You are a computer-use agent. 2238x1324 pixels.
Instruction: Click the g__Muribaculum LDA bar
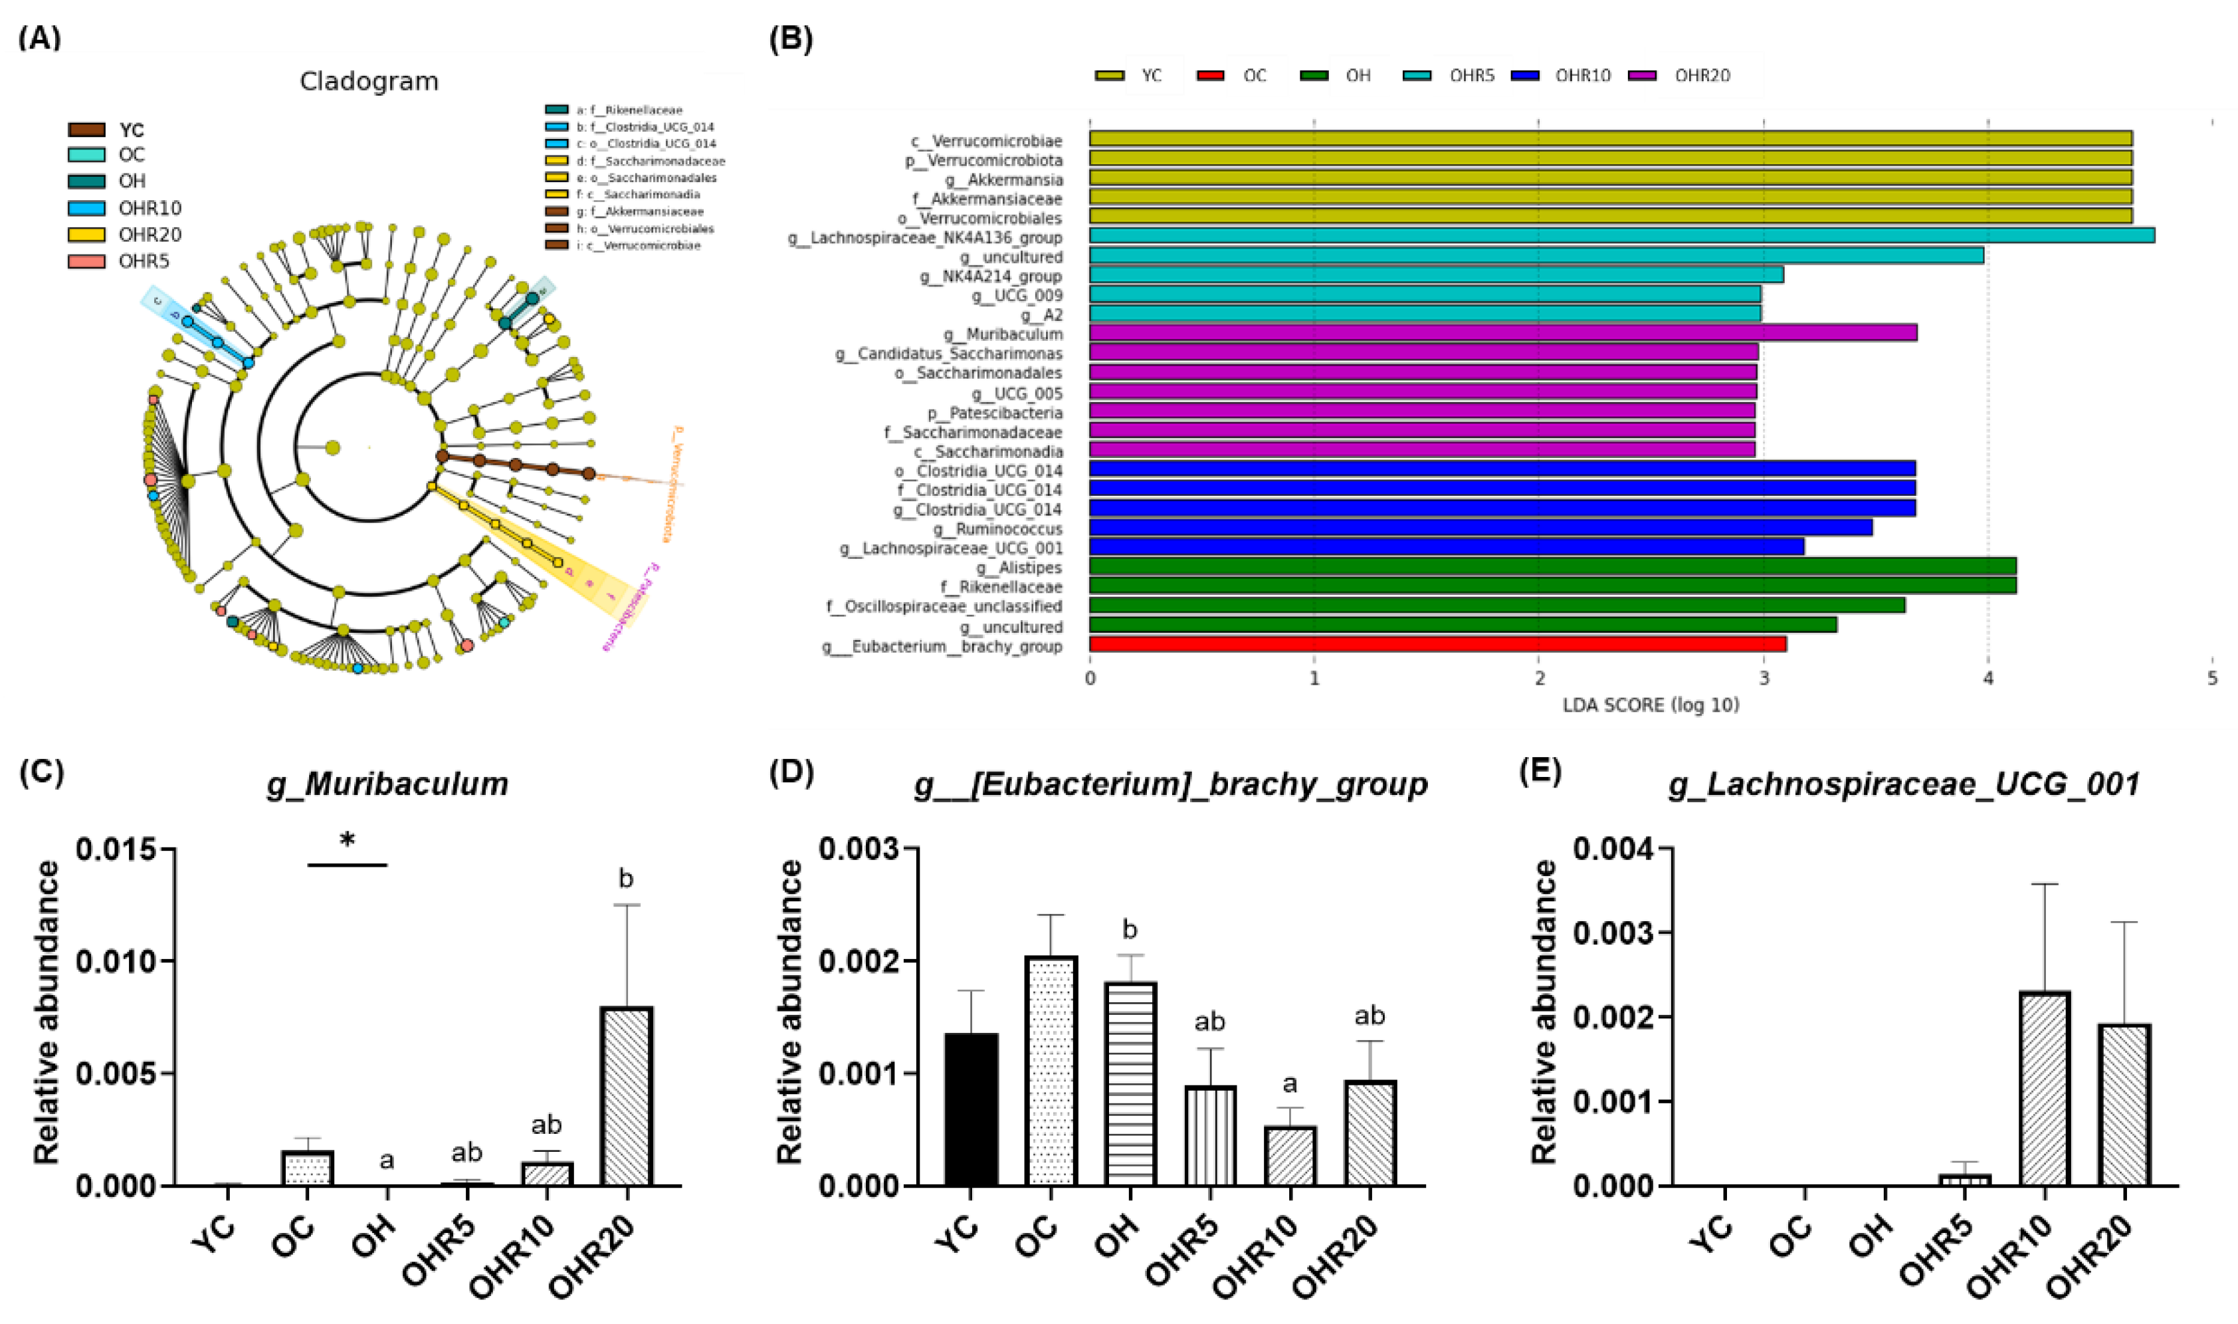(1502, 333)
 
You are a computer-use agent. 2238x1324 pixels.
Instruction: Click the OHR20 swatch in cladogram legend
(86, 235)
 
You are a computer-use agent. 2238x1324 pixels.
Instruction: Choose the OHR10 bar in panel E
(2045, 1089)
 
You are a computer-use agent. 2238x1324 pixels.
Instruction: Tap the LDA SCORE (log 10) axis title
(1650, 705)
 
